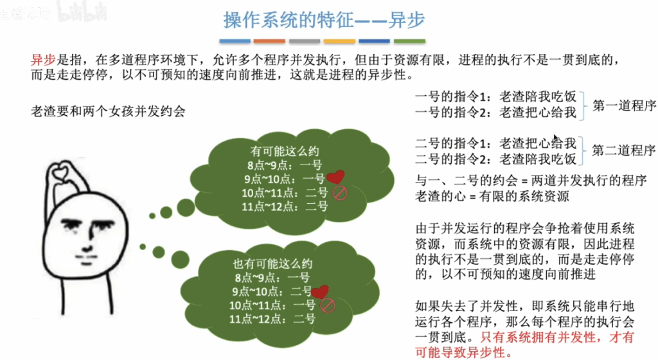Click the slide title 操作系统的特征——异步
point(324,20)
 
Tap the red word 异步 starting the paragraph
point(43,60)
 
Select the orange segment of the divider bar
point(269,41)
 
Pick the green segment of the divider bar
point(409,41)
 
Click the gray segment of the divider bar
point(304,41)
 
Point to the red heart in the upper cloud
point(335,177)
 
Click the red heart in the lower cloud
point(321,291)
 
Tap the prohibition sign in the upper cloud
point(340,193)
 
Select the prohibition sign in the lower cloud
point(327,305)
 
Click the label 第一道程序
point(624,105)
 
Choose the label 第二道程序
point(623,150)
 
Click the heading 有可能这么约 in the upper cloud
point(285,151)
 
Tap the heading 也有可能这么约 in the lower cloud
point(272,264)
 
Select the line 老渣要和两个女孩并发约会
point(108,111)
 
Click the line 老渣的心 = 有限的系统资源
point(492,196)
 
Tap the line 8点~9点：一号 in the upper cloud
point(285,165)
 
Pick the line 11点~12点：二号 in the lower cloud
point(272,319)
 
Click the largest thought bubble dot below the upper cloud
point(186,207)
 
